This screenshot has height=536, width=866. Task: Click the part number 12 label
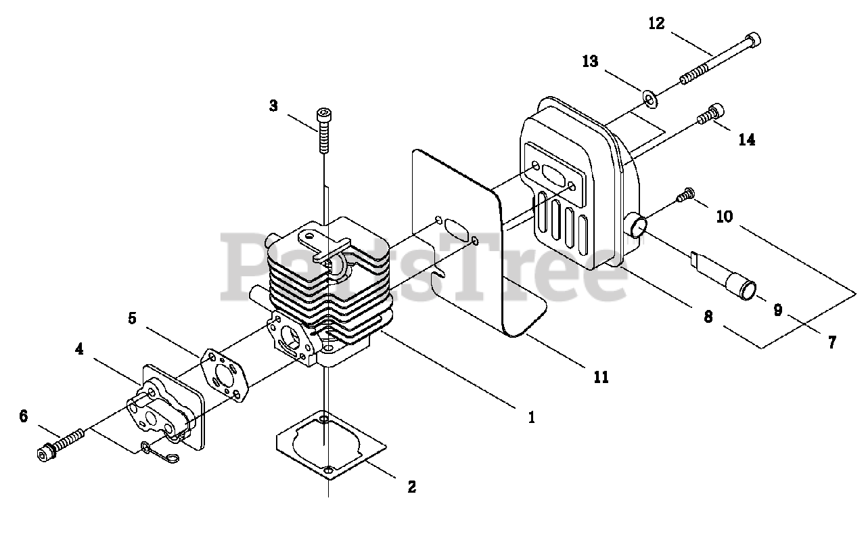point(656,24)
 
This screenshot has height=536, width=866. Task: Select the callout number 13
point(590,62)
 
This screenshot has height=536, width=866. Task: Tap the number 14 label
point(747,140)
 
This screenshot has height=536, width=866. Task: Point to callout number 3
point(273,106)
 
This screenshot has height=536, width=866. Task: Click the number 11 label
point(600,377)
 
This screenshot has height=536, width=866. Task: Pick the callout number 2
point(411,487)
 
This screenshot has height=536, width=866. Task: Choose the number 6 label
point(24,416)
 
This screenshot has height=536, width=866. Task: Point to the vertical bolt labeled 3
point(324,132)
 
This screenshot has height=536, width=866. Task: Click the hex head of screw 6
point(45,453)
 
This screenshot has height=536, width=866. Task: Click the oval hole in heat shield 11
point(457,230)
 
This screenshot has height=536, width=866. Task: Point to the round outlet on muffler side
point(637,226)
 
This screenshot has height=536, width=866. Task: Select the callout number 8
point(708,317)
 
